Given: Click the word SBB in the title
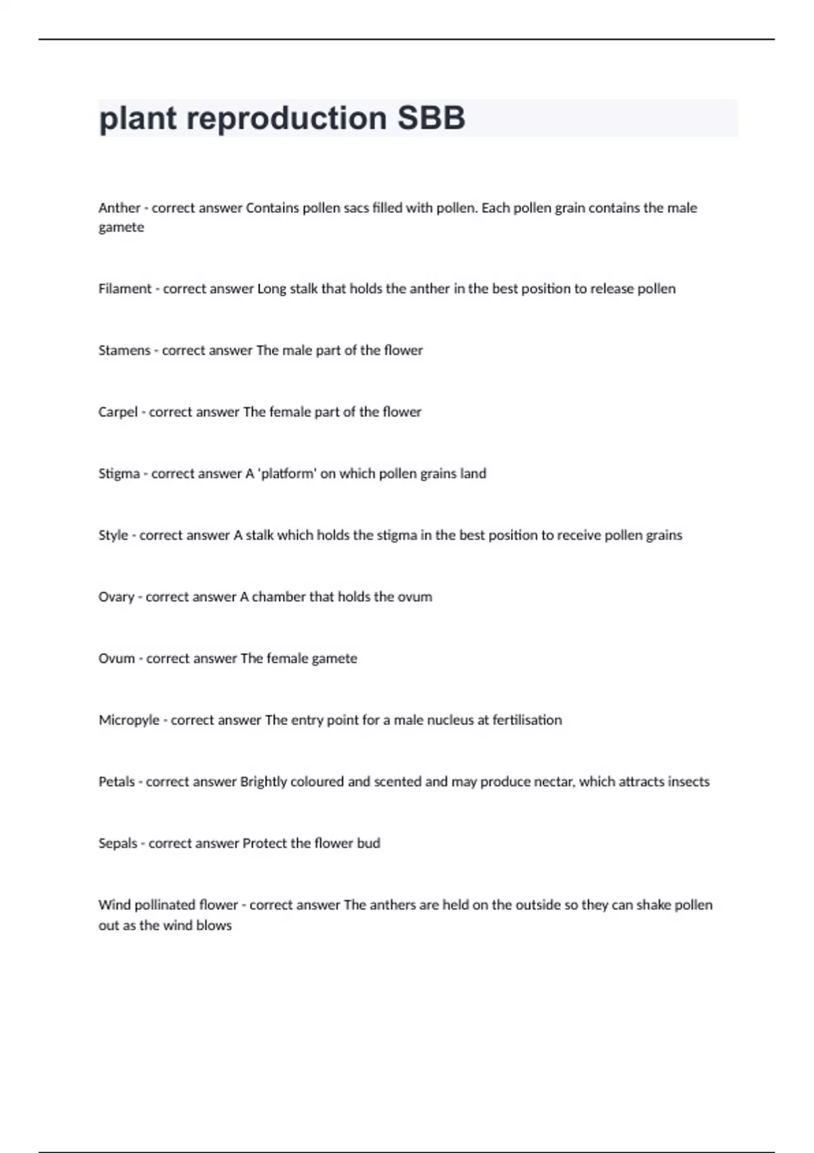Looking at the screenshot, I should pyautogui.click(x=431, y=118).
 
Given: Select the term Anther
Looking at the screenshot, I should pyautogui.click(x=119, y=208).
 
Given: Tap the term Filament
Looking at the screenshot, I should pyautogui.click(x=125, y=288).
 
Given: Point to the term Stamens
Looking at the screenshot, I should pyautogui.click(x=124, y=350).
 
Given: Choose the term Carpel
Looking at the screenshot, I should pyautogui.click(x=118, y=412).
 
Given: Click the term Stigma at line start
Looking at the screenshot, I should pyautogui.click(x=119, y=473).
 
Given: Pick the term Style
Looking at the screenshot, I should pyautogui.click(x=113, y=535).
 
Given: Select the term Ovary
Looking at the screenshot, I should pyautogui.click(x=116, y=597).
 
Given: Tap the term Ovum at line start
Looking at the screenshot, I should pyautogui.click(x=117, y=658).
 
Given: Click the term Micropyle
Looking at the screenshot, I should pyautogui.click(x=129, y=720).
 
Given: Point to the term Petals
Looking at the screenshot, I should pyautogui.click(x=117, y=781).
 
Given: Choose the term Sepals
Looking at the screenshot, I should pyautogui.click(x=118, y=843).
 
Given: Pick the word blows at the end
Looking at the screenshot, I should pyautogui.click(x=214, y=925).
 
